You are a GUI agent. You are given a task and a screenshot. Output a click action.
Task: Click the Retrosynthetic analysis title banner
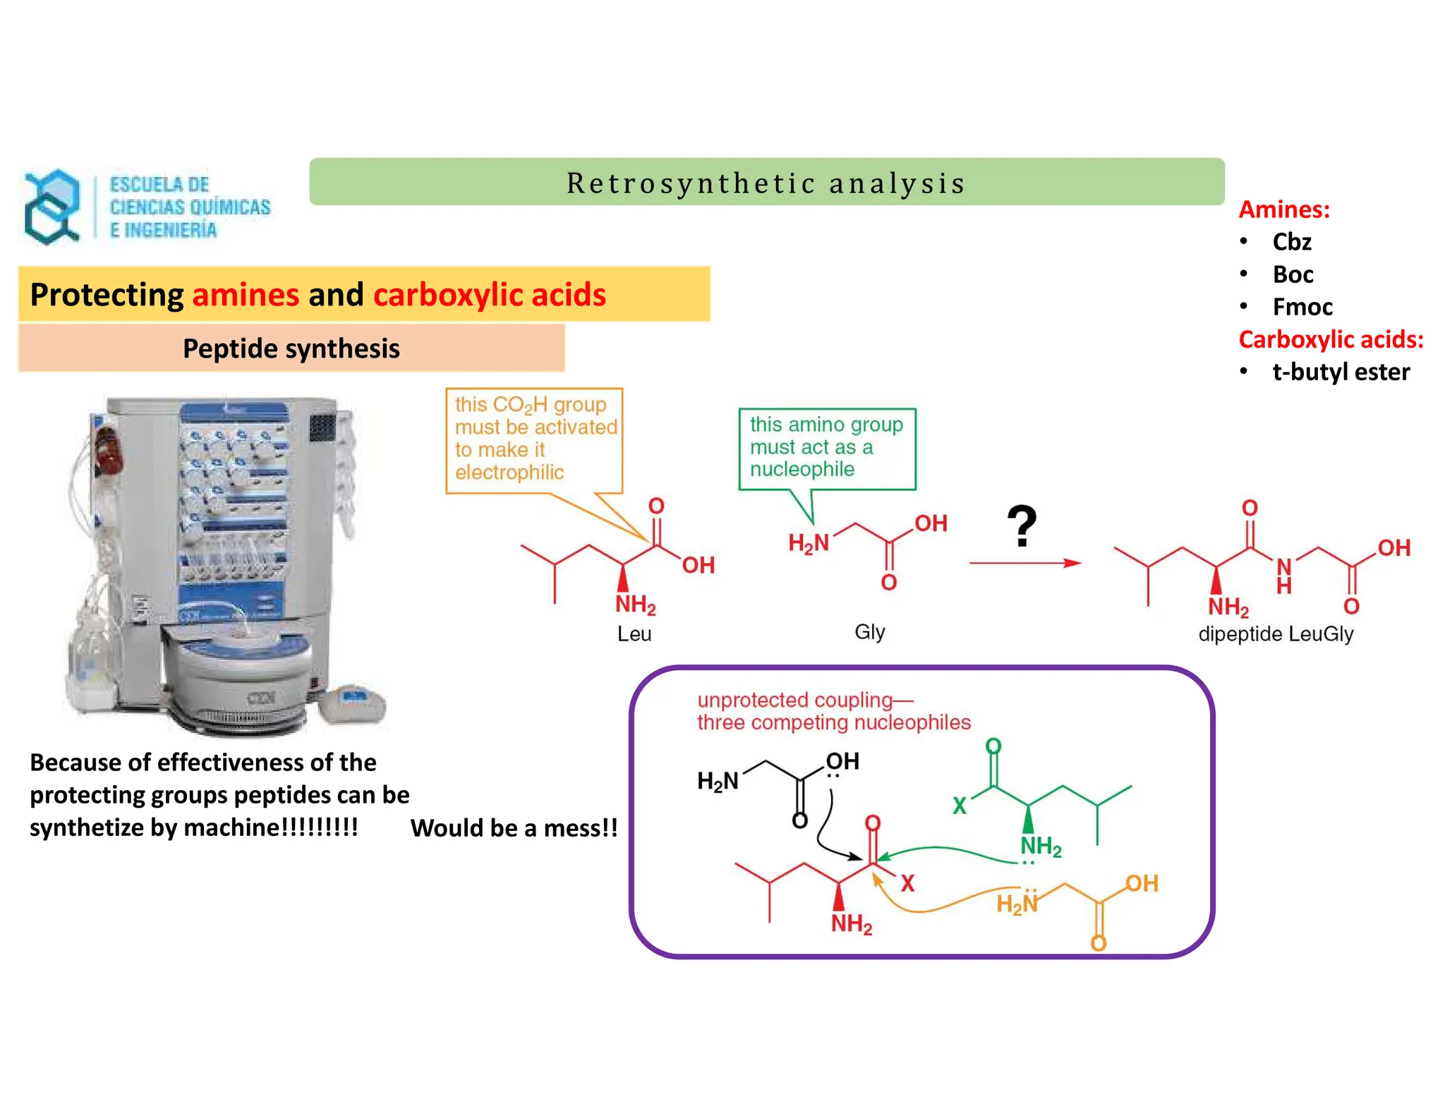coord(766,183)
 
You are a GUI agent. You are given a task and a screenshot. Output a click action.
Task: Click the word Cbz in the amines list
coord(1291,242)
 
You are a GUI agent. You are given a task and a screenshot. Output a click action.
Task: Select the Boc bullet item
coord(1293,274)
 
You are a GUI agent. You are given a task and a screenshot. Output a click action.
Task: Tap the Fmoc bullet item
coord(1302,307)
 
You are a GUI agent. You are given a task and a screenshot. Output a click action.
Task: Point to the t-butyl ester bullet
coord(1340,372)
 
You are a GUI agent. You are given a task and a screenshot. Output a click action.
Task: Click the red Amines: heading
coord(1284,210)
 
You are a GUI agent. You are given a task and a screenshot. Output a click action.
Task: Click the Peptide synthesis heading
coord(291,348)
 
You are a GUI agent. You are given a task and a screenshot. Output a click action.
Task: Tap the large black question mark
coord(1021,526)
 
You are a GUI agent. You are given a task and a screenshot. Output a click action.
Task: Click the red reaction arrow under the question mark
coord(1024,563)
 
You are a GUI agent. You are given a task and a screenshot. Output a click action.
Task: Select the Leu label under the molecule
coord(634,633)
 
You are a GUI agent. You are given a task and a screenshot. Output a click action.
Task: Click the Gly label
coord(869,631)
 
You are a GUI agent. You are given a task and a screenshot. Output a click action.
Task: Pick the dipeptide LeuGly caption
coord(1275,633)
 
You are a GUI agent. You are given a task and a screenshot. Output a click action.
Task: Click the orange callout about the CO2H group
coord(534,439)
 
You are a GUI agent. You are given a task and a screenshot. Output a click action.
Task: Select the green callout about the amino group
coord(826,447)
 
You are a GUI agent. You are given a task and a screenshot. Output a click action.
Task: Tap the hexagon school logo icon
coord(52,207)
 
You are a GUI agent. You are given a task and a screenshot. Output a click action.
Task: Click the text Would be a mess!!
coord(514,827)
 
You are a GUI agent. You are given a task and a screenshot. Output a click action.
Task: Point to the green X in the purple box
coord(960,805)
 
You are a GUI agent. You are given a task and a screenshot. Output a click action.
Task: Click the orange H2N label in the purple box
coord(1017,904)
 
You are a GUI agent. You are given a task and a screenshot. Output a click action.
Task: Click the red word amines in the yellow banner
coord(246,294)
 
